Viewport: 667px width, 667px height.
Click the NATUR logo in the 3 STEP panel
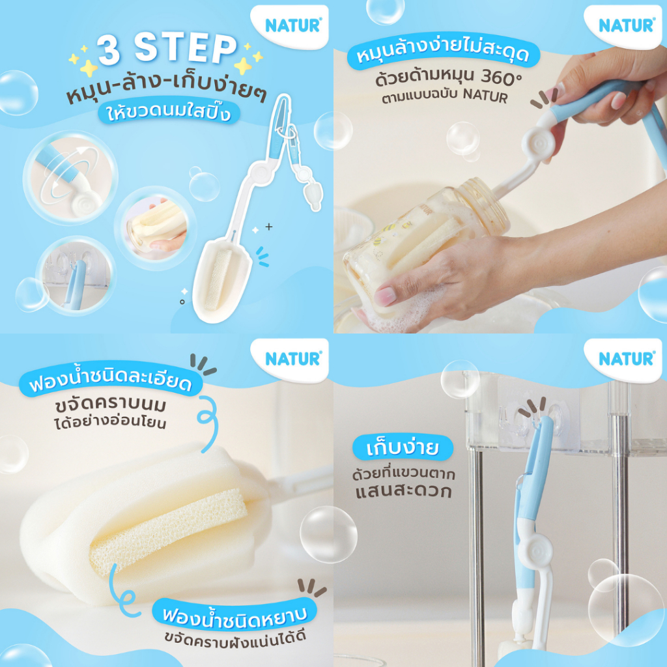pyautogui.click(x=293, y=25)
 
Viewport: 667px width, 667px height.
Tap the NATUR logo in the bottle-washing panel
pyautogui.click(x=627, y=25)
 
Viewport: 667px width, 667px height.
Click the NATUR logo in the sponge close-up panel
pyautogui.click(x=293, y=359)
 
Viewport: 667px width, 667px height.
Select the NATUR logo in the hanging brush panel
pyautogui.click(x=627, y=359)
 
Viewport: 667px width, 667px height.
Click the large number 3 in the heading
pyautogui.click(x=109, y=50)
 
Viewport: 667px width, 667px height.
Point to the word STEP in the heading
pyautogui.click(x=186, y=48)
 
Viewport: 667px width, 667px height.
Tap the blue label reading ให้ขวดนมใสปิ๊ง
pyautogui.click(x=169, y=113)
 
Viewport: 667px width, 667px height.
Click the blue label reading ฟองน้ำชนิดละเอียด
pyautogui.click(x=111, y=381)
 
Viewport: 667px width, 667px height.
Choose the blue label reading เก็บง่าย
pyautogui.click(x=403, y=447)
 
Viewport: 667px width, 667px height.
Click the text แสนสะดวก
pyautogui.click(x=403, y=491)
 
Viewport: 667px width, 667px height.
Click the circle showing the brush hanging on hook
pyautogui.click(x=76, y=276)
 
